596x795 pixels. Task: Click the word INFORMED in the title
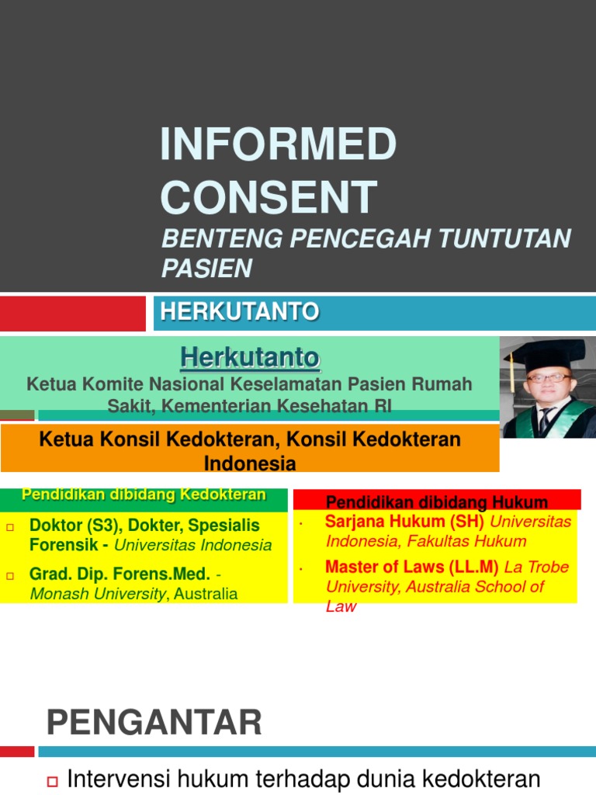(278, 145)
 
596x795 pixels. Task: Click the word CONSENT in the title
(269, 197)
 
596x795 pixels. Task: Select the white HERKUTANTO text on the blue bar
(239, 312)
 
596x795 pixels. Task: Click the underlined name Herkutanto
(250, 358)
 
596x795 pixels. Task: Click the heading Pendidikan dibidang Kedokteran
(144, 495)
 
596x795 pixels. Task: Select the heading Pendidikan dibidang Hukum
(437, 501)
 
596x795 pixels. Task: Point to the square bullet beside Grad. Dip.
(11, 576)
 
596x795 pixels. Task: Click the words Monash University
(97, 595)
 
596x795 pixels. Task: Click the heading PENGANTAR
(154, 723)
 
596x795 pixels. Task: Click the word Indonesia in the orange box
(250, 464)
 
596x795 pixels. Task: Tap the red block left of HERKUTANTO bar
(73, 313)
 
